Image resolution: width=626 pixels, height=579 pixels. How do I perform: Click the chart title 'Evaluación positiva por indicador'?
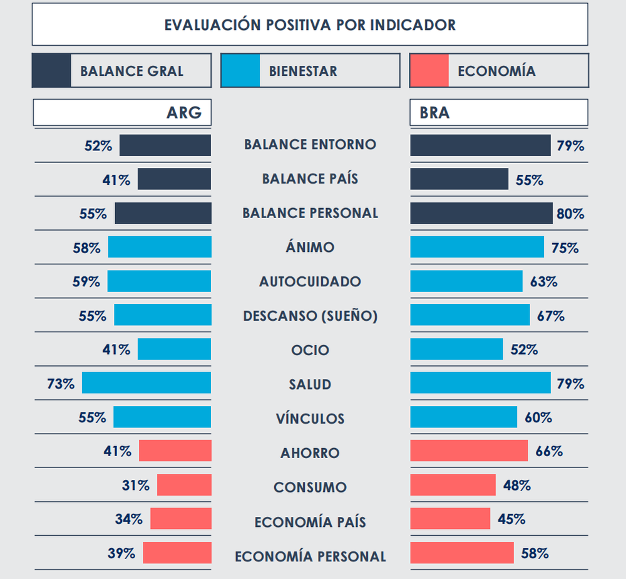(x=310, y=25)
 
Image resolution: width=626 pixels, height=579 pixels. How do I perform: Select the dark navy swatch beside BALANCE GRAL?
(x=51, y=70)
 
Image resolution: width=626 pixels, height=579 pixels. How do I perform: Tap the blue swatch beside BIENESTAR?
(x=240, y=70)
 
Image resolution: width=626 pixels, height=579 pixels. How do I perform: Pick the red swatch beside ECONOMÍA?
(x=429, y=70)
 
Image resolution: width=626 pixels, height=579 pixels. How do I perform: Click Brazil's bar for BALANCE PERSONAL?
(x=481, y=213)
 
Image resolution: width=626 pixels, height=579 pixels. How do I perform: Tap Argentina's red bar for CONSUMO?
(x=184, y=486)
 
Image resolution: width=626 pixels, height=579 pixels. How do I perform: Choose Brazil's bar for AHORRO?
(x=469, y=451)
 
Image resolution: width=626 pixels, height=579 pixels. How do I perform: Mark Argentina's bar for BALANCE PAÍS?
(x=174, y=179)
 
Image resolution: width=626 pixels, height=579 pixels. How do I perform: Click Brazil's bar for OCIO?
(x=456, y=349)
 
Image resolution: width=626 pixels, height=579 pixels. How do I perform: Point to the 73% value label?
(x=60, y=383)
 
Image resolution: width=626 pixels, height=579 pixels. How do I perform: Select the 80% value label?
(x=570, y=214)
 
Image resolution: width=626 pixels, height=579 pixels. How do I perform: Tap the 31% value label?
(x=135, y=486)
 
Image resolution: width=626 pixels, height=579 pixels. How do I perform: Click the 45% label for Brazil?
(x=511, y=519)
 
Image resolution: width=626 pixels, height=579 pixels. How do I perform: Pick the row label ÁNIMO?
(x=310, y=248)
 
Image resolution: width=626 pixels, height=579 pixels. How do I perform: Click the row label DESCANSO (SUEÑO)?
(x=310, y=316)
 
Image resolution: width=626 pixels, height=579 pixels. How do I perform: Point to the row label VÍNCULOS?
(x=310, y=419)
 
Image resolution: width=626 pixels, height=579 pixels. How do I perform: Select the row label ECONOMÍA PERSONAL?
(x=310, y=556)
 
